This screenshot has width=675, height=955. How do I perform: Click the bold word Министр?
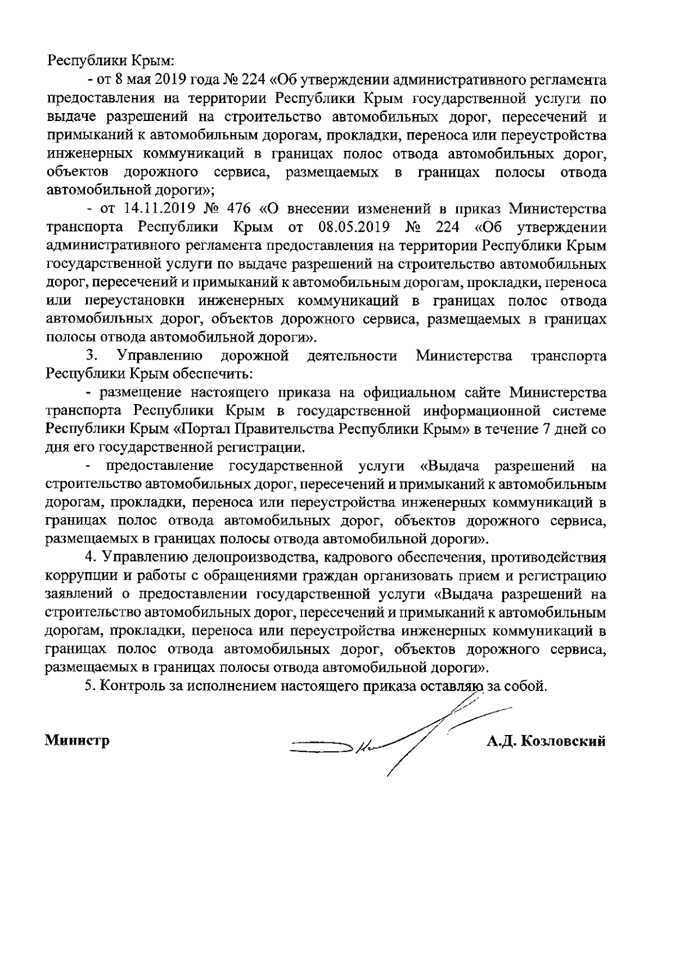coord(77,741)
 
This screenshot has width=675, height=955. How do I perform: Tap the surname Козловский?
coord(564,741)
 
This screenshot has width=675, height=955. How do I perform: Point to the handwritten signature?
coord(394,737)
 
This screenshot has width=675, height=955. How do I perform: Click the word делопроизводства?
coord(246,558)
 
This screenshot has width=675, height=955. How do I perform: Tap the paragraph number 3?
coord(89,356)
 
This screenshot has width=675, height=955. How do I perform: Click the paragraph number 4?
coord(88,558)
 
